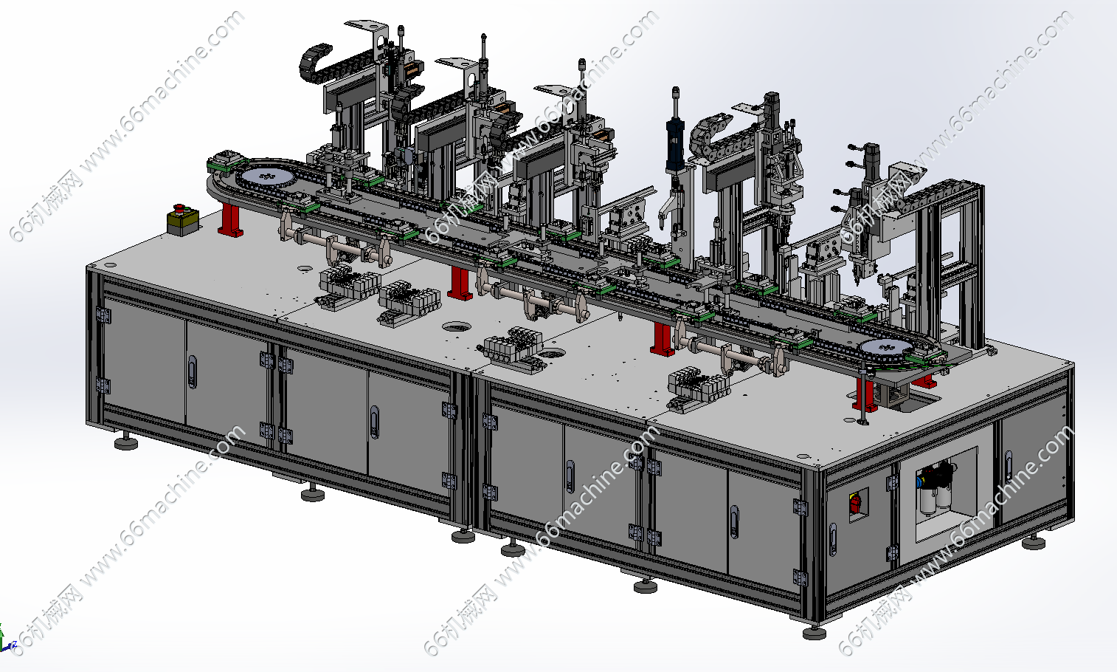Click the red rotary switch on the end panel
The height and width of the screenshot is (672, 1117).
[x=855, y=503]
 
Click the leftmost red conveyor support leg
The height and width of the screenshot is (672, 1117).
[x=230, y=219]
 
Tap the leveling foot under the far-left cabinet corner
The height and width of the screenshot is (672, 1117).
[x=126, y=442]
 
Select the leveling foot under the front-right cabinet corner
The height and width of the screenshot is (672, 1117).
[x=815, y=632]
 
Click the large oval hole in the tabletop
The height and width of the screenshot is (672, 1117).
[x=456, y=326]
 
